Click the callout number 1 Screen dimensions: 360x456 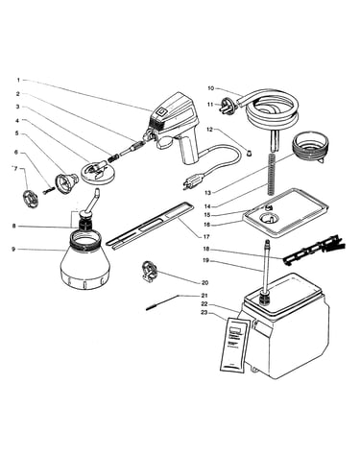(18, 80)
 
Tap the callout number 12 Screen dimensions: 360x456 (210, 130)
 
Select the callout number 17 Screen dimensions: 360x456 (206, 237)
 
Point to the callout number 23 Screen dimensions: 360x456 (204, 312)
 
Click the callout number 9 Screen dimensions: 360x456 (13, 249)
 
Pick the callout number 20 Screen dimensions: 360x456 (204, 283)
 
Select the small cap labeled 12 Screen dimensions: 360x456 (249, 152)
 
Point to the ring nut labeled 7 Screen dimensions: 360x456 (32, 199)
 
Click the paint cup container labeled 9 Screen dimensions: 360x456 (85, 259)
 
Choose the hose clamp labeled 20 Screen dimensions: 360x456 (150, 271)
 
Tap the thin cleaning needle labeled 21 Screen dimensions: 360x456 (161, 302)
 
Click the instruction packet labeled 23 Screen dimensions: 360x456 (235, 345)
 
